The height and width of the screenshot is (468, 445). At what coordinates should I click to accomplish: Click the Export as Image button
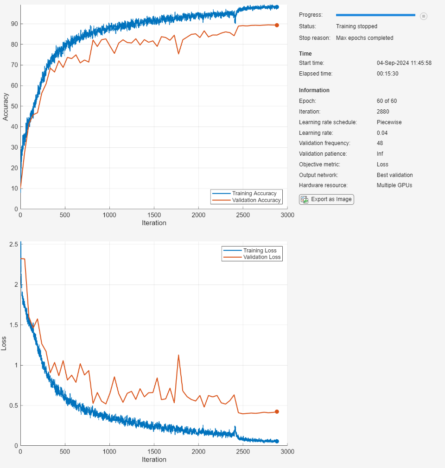point(326,199)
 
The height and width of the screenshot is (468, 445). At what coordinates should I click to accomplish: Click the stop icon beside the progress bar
point(423,16)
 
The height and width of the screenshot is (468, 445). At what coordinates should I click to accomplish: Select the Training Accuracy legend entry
point(254,193)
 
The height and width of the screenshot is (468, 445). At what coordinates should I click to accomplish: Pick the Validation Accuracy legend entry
point(256,200)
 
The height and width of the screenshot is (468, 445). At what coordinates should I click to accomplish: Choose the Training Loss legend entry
point(260,251)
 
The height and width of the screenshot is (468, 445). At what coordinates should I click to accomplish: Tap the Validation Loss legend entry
point(261,257)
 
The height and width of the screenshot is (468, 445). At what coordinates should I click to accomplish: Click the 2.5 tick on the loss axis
point(13,244)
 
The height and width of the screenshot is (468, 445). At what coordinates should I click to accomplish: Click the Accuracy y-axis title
point(6,107)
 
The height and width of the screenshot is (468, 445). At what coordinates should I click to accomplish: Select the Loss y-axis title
point(4,343)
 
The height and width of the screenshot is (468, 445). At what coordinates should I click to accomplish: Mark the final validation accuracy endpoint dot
point(277,25)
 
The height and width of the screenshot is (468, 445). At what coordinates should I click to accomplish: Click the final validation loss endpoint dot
point(277,411)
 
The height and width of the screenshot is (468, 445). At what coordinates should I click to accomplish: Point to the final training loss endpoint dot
point(277,441)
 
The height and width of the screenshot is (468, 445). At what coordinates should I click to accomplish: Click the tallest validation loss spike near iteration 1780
point(178,355)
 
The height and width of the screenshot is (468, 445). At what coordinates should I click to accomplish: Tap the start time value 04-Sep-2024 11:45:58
point(404,63)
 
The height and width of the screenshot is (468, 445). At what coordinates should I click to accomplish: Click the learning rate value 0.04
point(382,133)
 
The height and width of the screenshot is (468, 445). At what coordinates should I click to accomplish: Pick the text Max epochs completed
point(364,38)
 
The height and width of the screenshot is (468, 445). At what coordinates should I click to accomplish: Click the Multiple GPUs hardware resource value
point(394,185)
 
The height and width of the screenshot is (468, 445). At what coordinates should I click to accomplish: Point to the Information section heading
point(314,90)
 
